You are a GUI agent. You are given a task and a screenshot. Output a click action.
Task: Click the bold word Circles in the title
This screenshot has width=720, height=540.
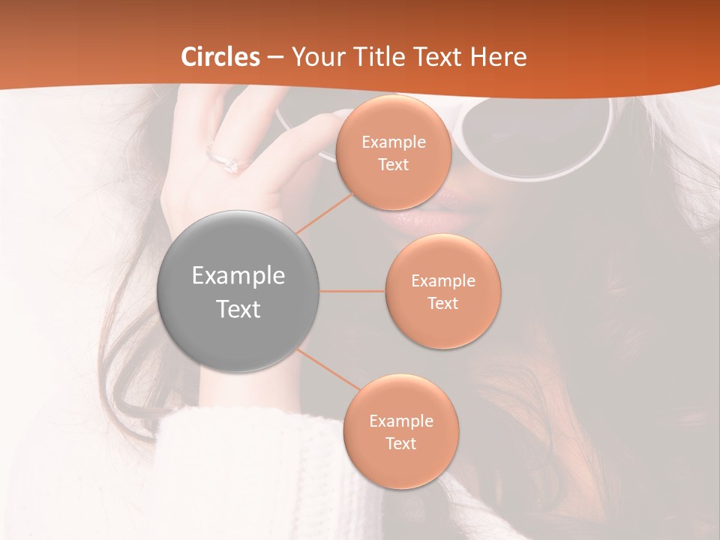(220, 57)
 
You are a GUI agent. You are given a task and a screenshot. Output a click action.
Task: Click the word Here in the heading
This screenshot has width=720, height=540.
(498, 57)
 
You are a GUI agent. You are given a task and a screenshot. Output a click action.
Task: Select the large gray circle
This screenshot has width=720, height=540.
(238, 291)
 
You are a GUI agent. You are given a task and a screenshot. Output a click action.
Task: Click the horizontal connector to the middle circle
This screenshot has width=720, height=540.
(352, 291)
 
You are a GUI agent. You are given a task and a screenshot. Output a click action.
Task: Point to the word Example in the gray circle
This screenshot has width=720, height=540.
(238, 276)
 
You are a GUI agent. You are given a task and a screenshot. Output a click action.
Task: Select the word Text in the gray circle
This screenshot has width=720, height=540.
(238, 309)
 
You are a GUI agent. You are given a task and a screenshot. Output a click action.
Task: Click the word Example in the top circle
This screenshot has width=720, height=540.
(394, 142)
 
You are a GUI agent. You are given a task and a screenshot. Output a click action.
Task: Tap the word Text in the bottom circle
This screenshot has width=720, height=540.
(400, 444)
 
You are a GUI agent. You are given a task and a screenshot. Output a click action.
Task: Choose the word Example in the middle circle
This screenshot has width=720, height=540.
(443, 281)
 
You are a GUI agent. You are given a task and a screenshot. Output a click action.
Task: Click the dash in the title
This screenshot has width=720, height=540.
(274, 57)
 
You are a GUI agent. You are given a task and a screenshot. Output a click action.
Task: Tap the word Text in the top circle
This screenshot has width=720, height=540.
(393, 165)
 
